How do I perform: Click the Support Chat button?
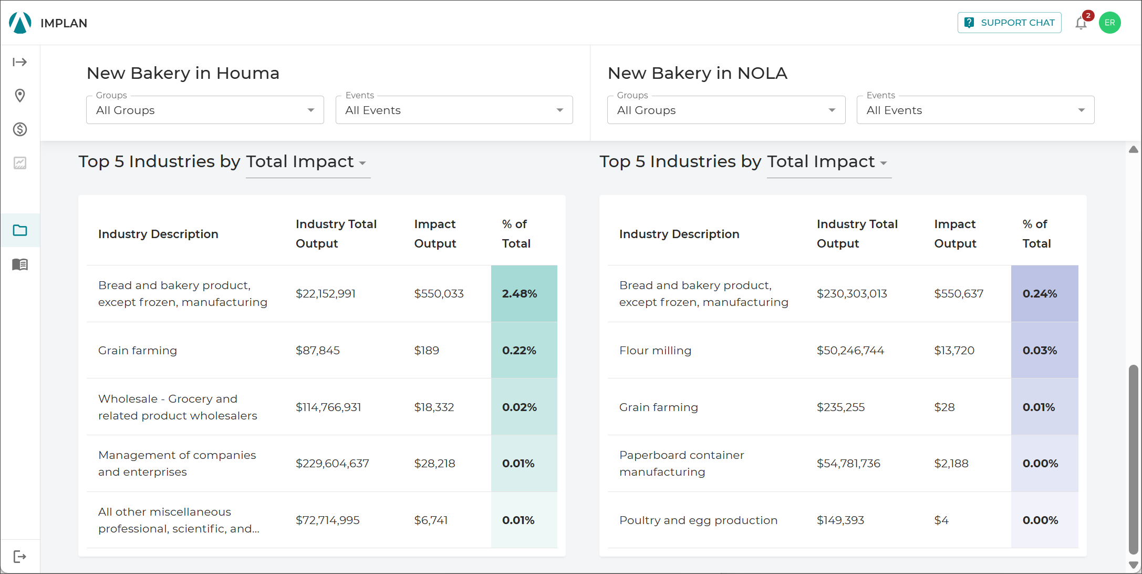1009,23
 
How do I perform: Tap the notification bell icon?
1081,23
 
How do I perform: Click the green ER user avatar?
1109,23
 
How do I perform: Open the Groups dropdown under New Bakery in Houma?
205,110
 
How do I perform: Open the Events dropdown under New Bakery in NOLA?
975,110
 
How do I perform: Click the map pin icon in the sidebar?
20,96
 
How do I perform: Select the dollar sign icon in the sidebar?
20,129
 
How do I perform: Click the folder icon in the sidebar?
20,230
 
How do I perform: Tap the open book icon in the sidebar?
20,264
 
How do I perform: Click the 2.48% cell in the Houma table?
524,293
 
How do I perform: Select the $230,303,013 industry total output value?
852,294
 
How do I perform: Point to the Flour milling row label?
655,351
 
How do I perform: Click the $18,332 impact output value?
434,407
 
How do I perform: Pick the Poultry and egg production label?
698,520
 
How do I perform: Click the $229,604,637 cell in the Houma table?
333,464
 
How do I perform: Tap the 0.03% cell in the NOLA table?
1044,350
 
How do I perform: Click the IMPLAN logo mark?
20,23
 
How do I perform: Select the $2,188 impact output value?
951,464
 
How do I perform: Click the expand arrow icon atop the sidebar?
20,62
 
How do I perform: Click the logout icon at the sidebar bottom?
20,557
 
